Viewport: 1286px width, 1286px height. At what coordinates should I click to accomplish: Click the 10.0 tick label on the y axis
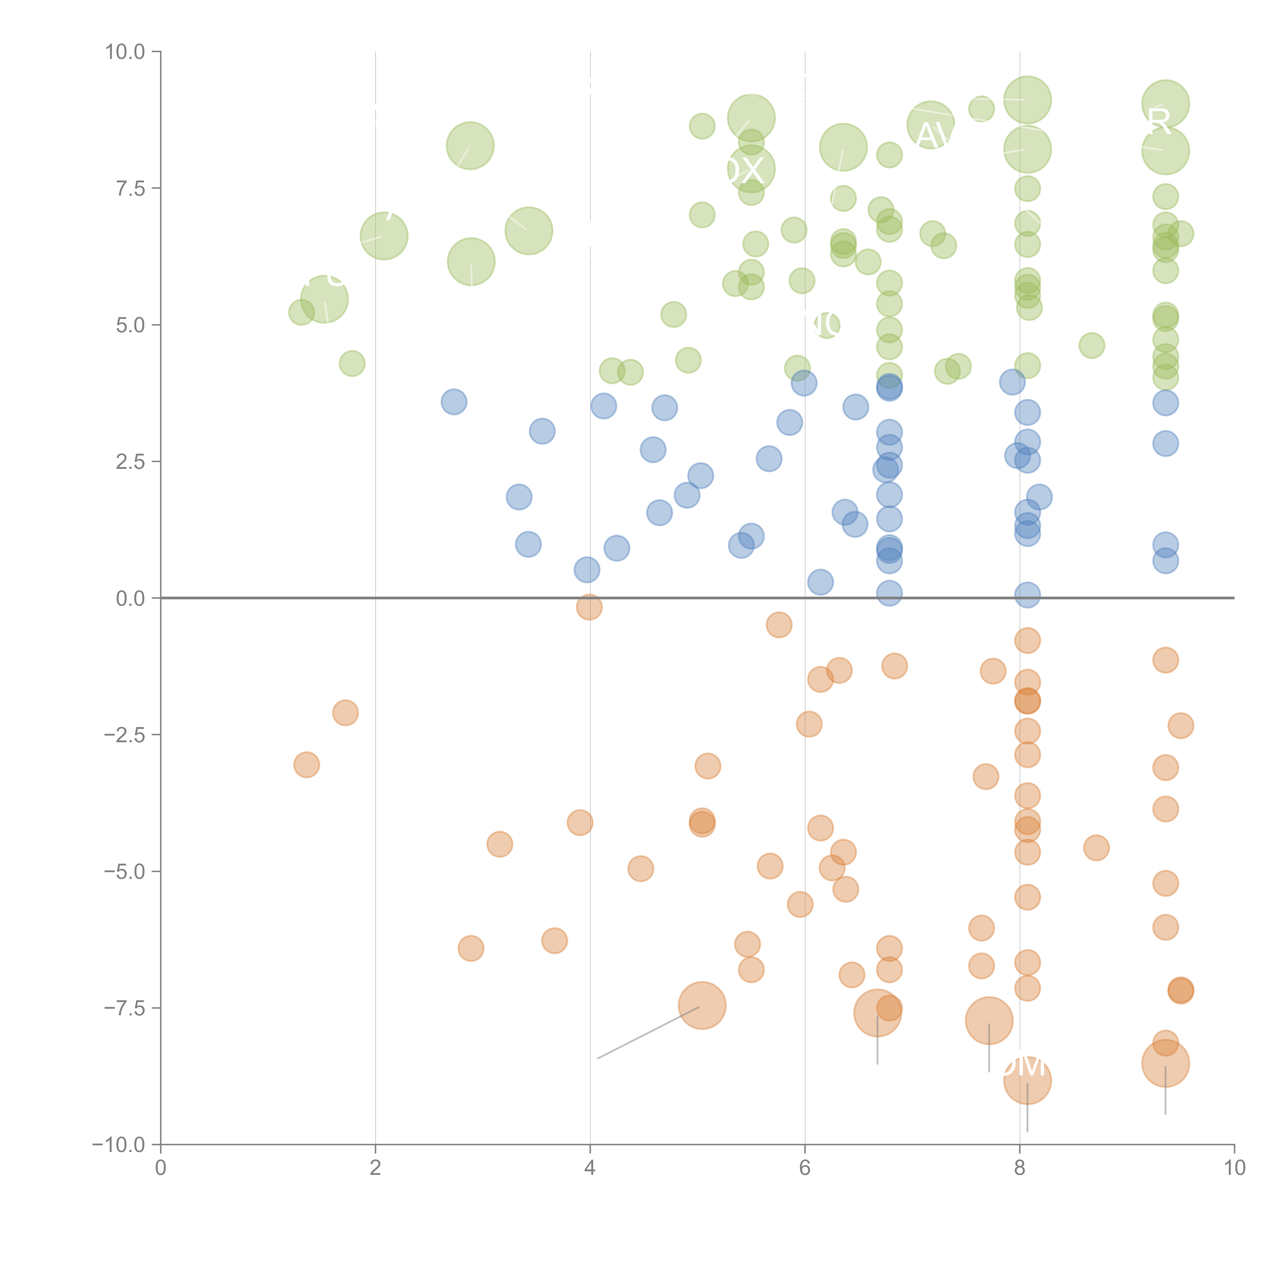point(125,52)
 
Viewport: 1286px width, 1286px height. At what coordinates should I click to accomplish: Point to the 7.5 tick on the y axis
point(130,188)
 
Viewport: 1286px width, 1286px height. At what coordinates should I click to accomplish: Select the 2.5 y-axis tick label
point(130,462)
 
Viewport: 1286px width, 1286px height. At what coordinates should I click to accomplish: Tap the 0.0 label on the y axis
point(130,599)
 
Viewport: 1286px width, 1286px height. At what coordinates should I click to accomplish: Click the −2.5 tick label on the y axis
point(125,735)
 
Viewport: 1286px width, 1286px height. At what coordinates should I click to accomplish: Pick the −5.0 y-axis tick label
point(125,871)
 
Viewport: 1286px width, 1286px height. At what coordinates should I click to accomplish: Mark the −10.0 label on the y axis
point(120,1145)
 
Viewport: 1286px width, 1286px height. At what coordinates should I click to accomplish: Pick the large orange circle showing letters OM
point(1027,1080)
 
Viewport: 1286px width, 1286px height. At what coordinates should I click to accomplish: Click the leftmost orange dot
point(306,765)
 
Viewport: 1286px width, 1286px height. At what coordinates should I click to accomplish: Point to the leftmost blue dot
point(454,402)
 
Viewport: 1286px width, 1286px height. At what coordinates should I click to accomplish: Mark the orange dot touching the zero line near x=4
point(589,606)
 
